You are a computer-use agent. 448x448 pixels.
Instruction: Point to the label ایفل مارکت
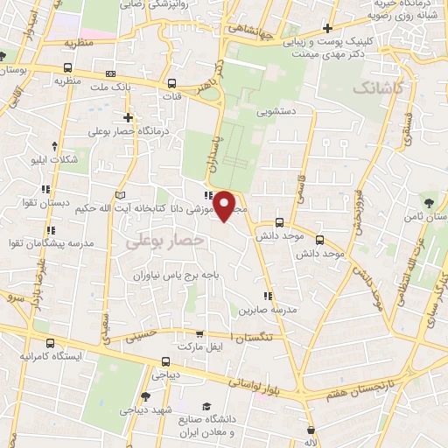199,347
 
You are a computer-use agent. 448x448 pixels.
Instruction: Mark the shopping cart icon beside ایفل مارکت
199,333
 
